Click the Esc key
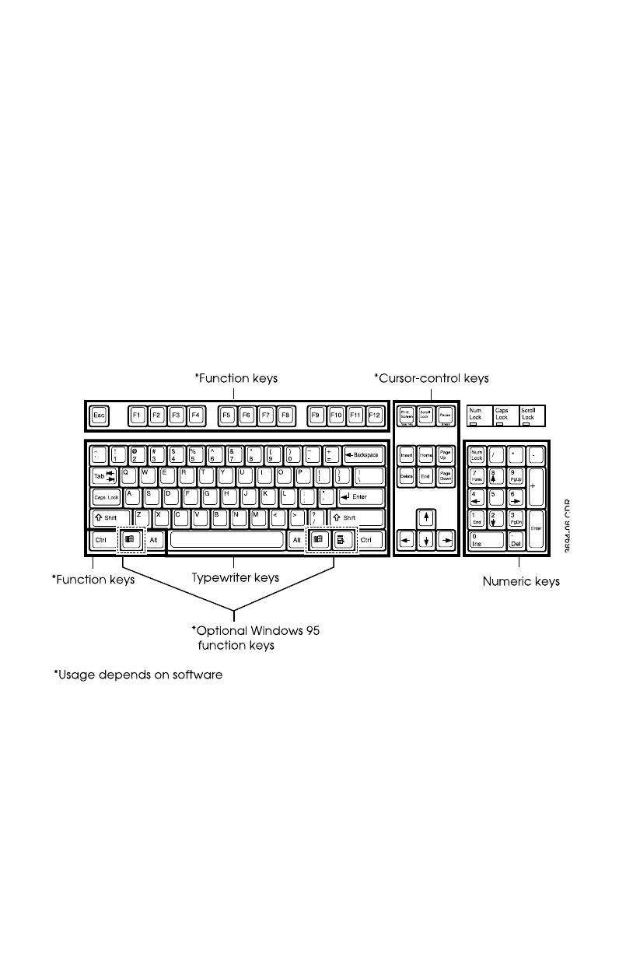(99, 415)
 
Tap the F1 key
(137, 415)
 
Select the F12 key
(376, 415)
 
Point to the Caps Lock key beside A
(107, 496)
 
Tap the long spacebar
(226, 540)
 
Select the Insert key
(406, 454)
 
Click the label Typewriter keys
(236, 578)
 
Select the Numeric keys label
(521, 581)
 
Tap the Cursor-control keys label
(431, 379)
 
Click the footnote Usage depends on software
(138, 675)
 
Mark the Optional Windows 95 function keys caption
(255, 638)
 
